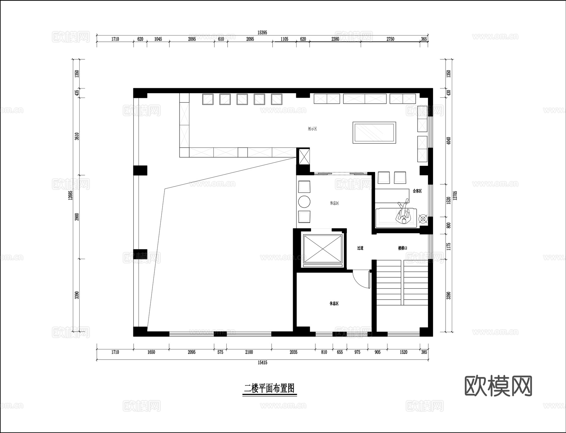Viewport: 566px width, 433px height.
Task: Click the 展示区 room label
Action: coord(312,129)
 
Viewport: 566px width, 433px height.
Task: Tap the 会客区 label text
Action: coord(417,191)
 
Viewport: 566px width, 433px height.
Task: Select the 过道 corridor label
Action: coord(360,248)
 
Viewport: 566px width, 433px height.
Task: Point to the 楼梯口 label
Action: coord(402,248)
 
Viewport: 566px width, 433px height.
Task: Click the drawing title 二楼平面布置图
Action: coord(269,389)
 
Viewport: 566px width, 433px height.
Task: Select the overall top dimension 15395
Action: coord(262,33)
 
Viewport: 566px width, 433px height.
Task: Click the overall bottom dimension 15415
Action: coord(262,363)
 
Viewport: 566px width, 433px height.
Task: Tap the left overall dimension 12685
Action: coord(70,195)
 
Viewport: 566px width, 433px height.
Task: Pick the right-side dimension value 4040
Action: coord(449,141)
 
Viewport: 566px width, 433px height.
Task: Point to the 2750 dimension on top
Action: coord(390,39)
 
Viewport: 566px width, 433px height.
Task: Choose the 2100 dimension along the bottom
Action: coord(249,352)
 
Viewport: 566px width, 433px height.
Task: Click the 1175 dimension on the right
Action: coord(449,246)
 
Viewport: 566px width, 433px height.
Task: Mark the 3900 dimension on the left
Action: coord(77,217)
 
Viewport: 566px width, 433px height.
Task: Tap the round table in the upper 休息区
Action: coord(304,202)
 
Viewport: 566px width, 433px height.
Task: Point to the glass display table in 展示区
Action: coord(374,133)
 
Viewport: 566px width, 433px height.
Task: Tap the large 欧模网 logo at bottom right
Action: coord(498,386)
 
